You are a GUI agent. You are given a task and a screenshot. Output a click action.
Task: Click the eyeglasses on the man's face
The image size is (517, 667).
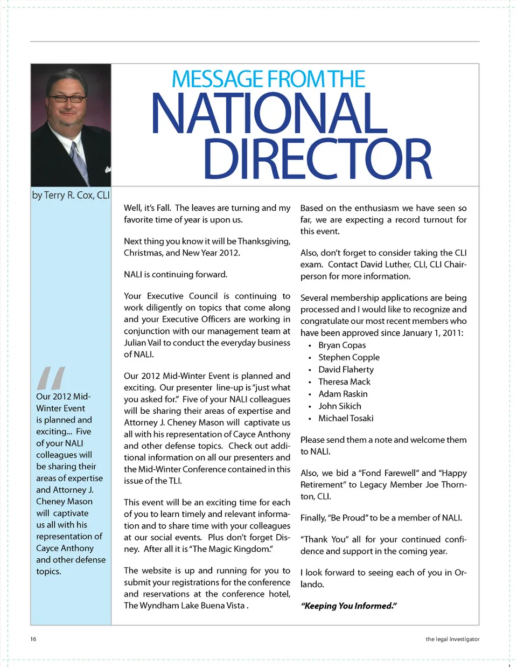tap(67, 99)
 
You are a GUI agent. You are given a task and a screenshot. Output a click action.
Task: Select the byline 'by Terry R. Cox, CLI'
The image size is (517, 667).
tap(71, 195)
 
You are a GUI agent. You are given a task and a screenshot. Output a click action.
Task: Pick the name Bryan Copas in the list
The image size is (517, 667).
tap(342, 345)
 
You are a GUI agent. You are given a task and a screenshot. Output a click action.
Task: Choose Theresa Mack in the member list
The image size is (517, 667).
tap(344, 382)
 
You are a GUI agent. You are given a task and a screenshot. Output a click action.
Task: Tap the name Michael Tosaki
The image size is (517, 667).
tap(346, 419)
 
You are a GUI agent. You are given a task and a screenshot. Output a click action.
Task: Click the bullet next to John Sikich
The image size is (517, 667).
tap(310, 407)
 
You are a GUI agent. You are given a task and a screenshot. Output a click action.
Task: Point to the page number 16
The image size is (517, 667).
tap(33, 639)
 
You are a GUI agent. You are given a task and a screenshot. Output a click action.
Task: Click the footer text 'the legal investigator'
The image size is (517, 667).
tap(452, 639)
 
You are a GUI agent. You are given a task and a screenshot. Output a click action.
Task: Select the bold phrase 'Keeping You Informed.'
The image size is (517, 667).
tap(349, 606)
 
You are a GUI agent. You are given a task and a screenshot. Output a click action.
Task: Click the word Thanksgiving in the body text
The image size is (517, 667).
tap(263, 241)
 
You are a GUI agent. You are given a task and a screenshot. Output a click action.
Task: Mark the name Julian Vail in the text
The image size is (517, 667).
tap(143, 343)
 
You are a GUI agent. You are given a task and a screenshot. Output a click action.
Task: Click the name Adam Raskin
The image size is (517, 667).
tap(343, 394)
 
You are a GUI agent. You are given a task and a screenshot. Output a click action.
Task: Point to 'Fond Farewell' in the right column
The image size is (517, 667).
tap(388, 473)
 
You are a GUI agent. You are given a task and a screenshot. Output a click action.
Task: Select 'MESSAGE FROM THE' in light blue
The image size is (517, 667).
tap(268, 80)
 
